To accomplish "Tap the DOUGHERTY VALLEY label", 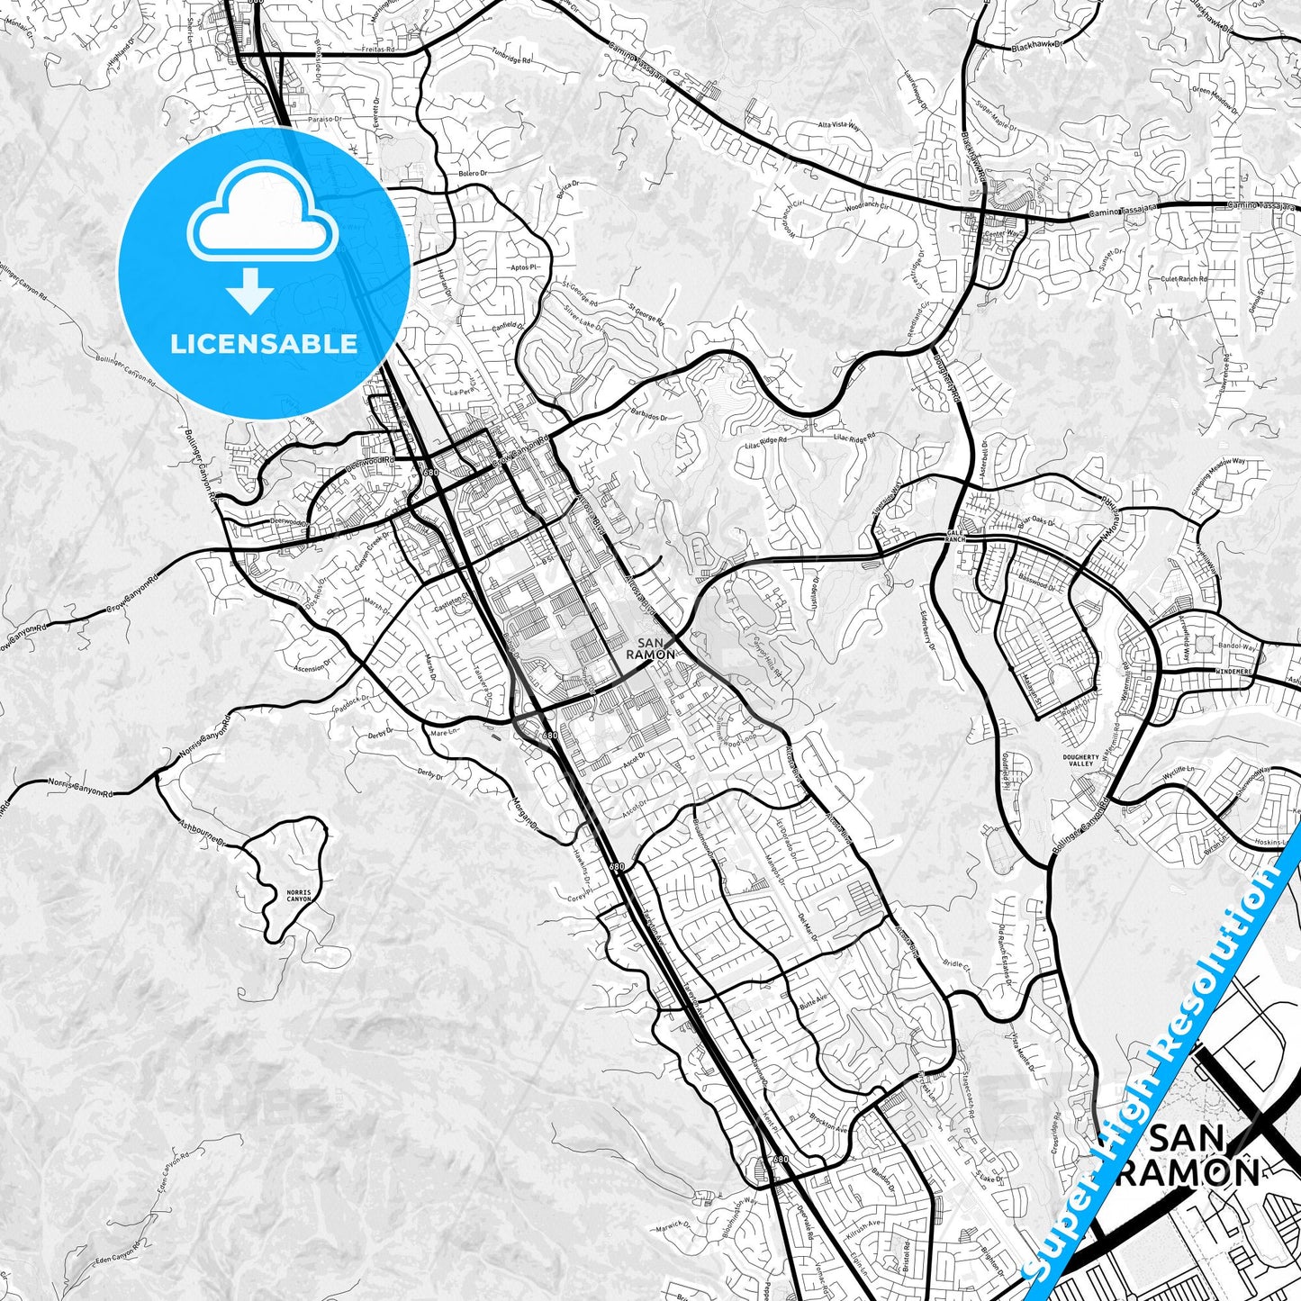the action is click(1080, 761).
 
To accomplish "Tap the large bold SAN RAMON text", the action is click(1204, 1155).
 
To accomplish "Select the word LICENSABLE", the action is click(264, 343).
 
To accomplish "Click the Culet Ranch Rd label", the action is click(1184, 279).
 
